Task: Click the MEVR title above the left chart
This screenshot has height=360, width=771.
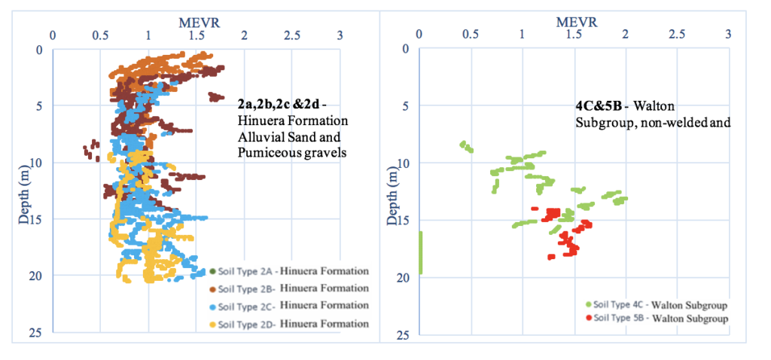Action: (x=199, y=22)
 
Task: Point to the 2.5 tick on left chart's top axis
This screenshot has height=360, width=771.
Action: (x=292, y=35)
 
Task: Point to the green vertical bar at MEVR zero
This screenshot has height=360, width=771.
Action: (x=419, y=252)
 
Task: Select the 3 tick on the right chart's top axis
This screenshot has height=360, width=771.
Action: (x=727, y=35)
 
